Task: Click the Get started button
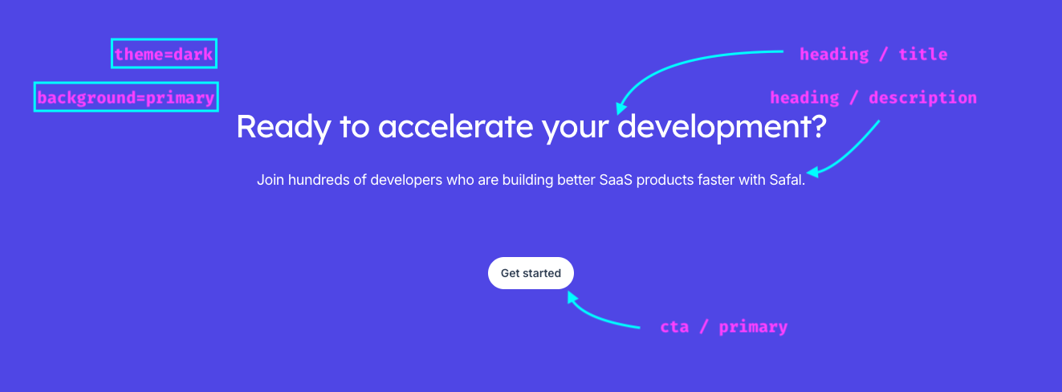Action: point(531,273)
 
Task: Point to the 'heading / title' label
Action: point(873,54)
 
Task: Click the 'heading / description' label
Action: point(873,98)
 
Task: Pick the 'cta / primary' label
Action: point(723,326)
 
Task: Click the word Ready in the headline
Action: point(283,127)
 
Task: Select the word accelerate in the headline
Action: point(455,127)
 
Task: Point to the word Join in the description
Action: point(271,180)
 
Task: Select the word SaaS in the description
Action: point(616,180)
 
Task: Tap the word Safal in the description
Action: point(786,180)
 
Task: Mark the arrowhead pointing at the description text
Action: point(812,172)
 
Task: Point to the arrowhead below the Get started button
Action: point(572,297)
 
